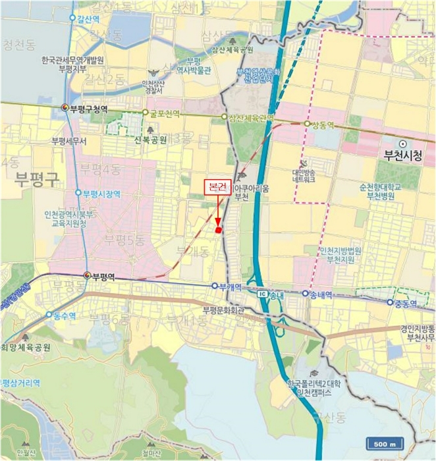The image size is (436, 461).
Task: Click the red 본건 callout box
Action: pos(217,188)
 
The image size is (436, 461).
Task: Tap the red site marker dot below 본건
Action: pos(219,229)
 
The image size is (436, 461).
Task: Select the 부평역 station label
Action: pos(103,276)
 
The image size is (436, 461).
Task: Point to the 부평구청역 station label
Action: pos(89,107)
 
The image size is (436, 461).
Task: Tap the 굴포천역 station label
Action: pos(165,113)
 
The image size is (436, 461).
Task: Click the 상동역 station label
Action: pos(323,124)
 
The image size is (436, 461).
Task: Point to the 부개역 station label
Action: pos(231,286)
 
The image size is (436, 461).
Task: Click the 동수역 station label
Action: pos(64,315)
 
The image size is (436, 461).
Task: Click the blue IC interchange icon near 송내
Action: pos(263,294)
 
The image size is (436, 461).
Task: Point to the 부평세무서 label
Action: pos(69,141)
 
